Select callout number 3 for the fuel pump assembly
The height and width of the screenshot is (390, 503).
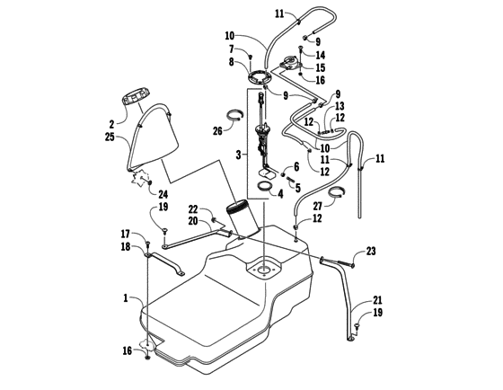click(238, 155)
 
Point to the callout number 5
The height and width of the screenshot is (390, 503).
click(297, 190)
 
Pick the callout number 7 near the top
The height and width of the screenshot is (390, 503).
click(232, 49)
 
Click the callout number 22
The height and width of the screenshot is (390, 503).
click(206, 209)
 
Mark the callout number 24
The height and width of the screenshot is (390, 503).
click(163, 193)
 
